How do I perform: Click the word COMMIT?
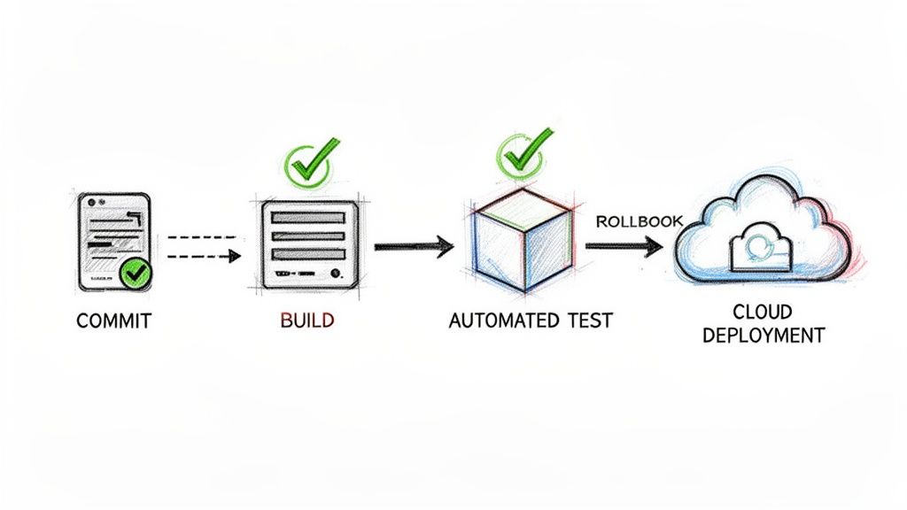tap(113, 321)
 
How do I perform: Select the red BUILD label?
tap(307, 321)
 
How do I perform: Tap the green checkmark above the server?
tap(309, 163)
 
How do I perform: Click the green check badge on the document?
tap(135, 274)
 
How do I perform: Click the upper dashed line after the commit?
tap(202, 237)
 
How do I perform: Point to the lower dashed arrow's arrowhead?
tap(235, 257)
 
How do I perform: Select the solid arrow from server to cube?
tap(413, 246)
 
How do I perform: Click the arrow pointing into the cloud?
tap(625, 245)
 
